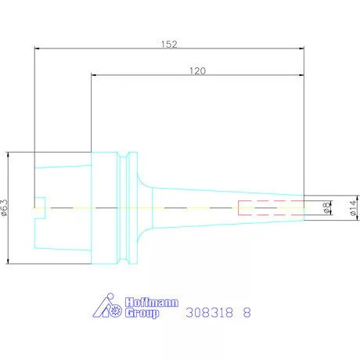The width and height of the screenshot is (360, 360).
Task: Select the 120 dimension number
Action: coord(198,70)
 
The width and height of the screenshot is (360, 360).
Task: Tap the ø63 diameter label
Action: coord(5,207)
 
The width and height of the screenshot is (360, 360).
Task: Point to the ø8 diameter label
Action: coord(326,207)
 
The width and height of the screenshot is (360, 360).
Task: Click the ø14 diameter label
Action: coord(352,207)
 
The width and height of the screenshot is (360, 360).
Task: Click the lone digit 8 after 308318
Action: coord(247,311)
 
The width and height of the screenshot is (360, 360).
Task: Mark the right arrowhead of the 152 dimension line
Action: coord(301,49)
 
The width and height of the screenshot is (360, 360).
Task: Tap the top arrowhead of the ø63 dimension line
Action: coord(8,153)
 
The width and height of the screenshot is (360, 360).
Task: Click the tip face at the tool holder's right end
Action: coord(304,207)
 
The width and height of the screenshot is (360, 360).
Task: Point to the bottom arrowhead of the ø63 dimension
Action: coord(8,261)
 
